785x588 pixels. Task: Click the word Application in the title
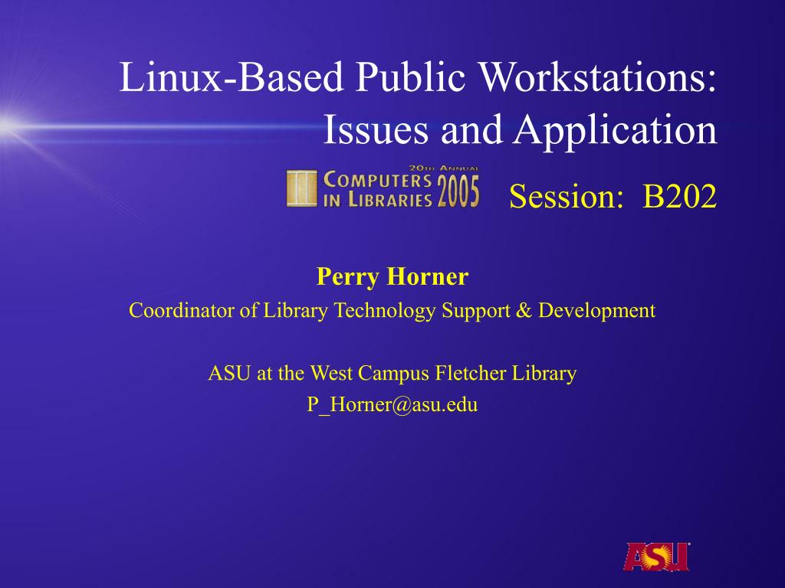click(x=616, y=131)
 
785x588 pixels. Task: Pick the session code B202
click(x=679, y=196)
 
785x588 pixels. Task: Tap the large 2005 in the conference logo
click(x=458, y=191)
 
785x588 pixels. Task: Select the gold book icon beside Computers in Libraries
click(x=302, y=188)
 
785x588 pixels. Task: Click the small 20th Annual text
click(x=444, y=168)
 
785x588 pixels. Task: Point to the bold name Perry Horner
click(x=392, y=276)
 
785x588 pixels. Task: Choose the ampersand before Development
click(x=524, y=311)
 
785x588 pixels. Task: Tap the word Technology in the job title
click(x=385, y=312)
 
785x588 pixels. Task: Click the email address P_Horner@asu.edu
click(x=392, y=404)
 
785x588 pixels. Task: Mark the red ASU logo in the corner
click(x=656, y=557)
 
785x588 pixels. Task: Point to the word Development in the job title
click(x=596, y=312)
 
